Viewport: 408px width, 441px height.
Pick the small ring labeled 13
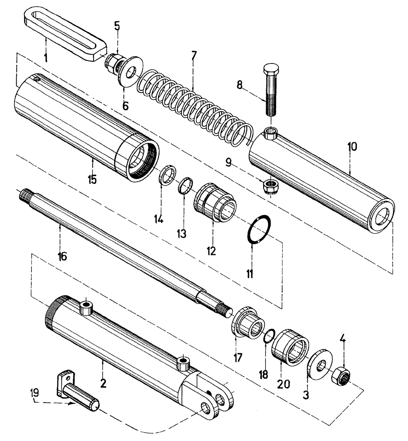coord(185,185)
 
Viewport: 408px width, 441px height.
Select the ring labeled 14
coord(166,175)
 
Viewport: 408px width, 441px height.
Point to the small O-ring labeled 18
coord(269,338)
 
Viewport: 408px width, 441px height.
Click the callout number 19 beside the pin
coord(36,392)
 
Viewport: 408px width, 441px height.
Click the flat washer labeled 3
coord(319,366)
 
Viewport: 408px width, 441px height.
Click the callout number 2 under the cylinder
coord(103,383)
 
